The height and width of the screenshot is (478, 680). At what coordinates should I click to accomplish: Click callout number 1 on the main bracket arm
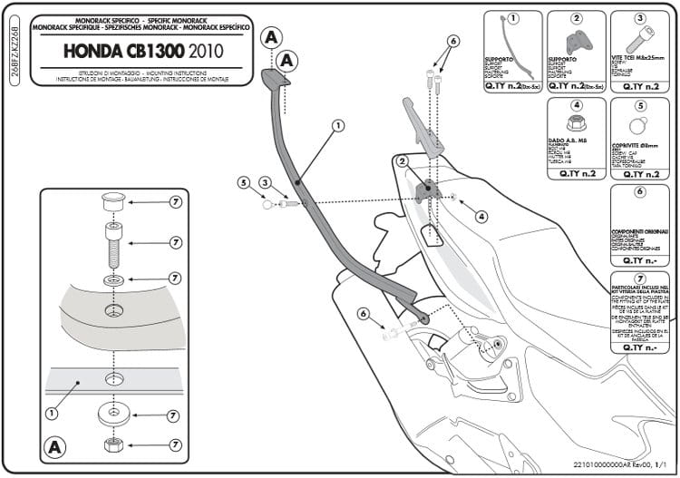(x=336, y=125)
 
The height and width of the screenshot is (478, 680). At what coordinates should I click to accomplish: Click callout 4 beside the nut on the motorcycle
(x=481, y=217)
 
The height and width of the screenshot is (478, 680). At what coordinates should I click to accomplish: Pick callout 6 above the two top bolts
(x=453, y=41)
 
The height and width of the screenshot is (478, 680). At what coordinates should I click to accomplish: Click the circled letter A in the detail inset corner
(x=54, y=447)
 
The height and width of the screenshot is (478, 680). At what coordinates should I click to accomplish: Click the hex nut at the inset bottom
(x=113, y=444)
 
